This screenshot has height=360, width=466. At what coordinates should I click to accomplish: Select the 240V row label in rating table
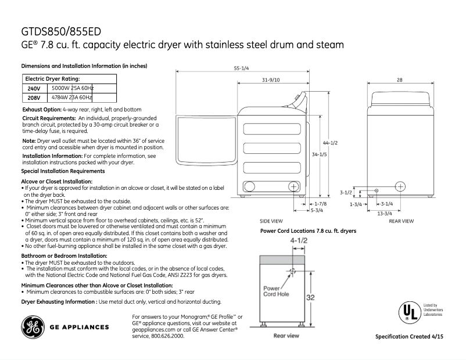click(x=34, y=89)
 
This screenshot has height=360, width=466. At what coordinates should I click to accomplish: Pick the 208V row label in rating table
click(x=34, y=98)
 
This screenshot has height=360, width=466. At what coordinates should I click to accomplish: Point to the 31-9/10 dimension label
click(x=270, y=80)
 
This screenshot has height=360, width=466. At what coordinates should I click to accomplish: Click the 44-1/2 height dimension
click(x=330, y=143)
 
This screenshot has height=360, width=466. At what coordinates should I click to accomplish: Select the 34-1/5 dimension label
click(x=318, y=155)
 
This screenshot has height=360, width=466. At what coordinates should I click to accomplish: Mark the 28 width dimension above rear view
click(x=400, y=80)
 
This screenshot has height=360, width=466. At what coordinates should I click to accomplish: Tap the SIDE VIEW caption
click(x=271, y=221)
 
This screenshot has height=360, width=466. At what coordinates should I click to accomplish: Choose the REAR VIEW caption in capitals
click(x=401, y=221)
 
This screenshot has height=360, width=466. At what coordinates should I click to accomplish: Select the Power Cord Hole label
click(x=276, y=291)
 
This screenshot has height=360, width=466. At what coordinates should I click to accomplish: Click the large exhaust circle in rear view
click(x=400, y=186)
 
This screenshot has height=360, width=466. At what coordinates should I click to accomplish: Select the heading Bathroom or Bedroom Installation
click(x=64, y=255)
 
